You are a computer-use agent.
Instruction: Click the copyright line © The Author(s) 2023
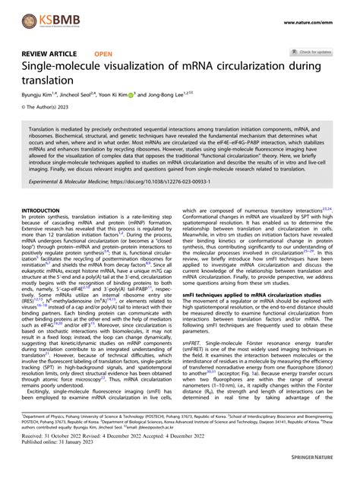[x=46, y=110]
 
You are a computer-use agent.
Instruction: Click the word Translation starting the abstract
[x=47, y=131]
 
